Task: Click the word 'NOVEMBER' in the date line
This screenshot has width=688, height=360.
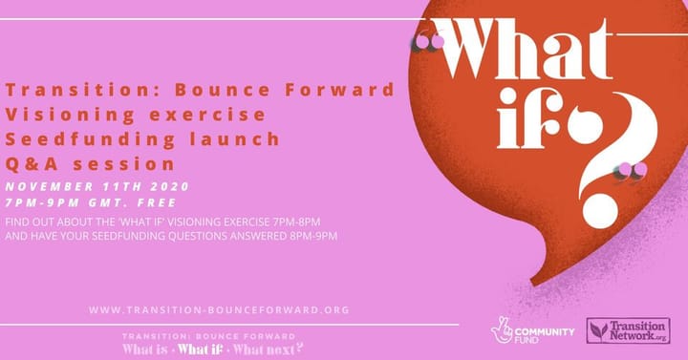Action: (47, 186)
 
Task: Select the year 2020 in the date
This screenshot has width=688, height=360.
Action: (168, 186)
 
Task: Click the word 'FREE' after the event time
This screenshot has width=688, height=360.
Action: (156, 202)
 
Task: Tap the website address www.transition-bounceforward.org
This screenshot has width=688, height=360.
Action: (219, 309)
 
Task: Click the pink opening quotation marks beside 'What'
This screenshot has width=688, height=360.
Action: (430, 41)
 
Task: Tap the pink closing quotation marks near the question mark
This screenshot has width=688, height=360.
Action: (631, 170)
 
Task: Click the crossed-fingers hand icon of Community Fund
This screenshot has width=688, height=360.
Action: (502, 329)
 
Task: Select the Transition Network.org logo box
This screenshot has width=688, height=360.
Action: (627, 330)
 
